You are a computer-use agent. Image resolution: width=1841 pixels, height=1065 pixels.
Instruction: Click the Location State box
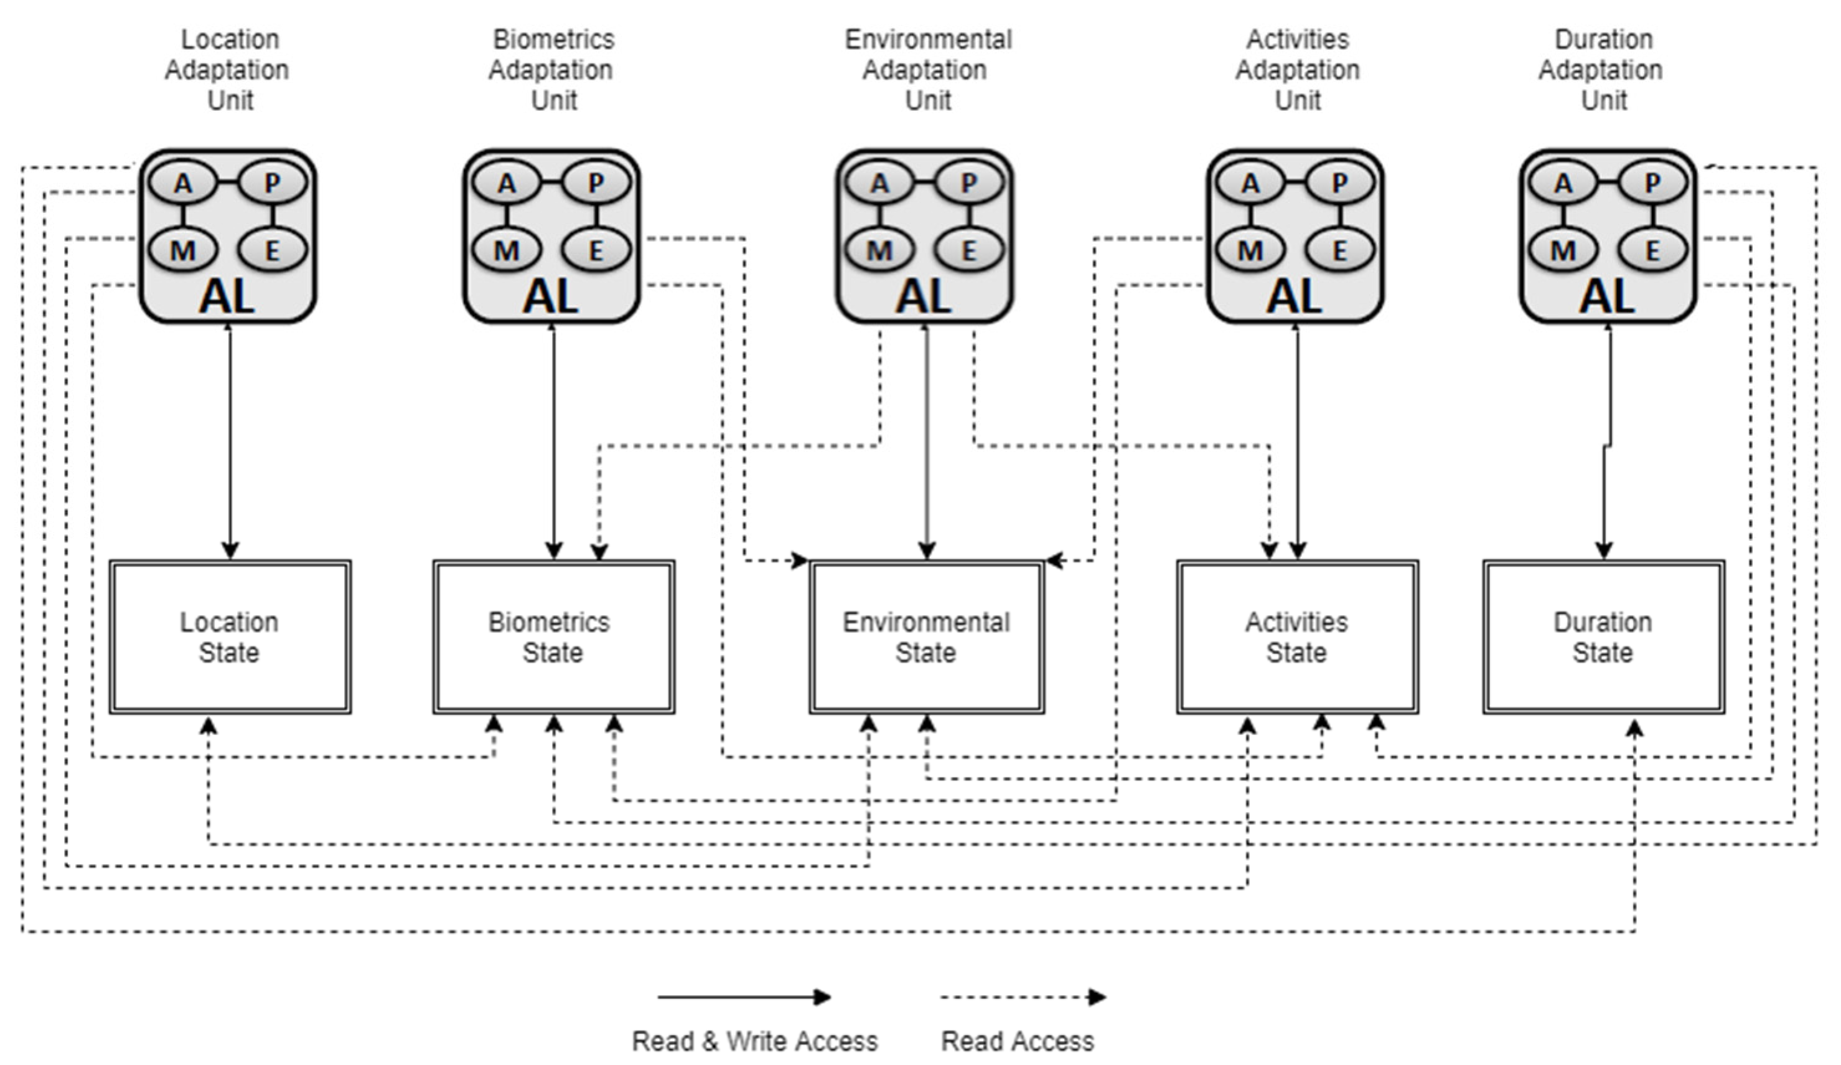click(230, 637)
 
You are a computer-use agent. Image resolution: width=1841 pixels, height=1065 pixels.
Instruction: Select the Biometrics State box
click(553, 637)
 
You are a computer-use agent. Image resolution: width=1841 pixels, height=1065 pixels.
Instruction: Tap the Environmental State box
click(926, 637)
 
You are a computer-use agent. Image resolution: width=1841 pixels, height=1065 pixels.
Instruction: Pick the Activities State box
click(1297, 637)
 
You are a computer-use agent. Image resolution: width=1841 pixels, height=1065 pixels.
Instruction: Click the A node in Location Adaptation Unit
click(182, 182)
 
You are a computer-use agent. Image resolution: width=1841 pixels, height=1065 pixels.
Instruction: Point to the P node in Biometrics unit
click(596, 182)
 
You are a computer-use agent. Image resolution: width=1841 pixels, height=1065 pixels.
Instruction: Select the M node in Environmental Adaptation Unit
click(879, 251)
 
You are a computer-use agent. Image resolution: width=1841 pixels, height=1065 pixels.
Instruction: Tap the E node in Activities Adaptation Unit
click(1339, 251)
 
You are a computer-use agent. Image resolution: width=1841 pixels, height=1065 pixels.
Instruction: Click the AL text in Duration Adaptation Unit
click(1606, 296)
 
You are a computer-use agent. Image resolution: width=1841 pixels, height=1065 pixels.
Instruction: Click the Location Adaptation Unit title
click(228, 69)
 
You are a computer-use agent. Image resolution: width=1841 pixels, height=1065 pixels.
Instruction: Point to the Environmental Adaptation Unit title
click(927, 69)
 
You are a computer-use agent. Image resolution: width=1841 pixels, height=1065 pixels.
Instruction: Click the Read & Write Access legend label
click(755, 1041)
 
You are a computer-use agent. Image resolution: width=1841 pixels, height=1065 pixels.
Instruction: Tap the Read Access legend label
click(1017, 1041)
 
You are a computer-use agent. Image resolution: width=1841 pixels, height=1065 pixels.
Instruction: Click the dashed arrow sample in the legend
click(1023, 997)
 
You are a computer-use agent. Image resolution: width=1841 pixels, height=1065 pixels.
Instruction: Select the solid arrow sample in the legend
click(744, 997)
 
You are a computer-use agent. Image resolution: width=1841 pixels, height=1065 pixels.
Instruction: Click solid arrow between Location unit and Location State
click(230, 438)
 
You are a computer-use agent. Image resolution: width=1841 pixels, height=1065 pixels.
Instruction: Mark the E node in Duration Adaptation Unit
click(1652, 251)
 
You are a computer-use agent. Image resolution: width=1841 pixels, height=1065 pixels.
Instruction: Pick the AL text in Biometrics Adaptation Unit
click(550, 296)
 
